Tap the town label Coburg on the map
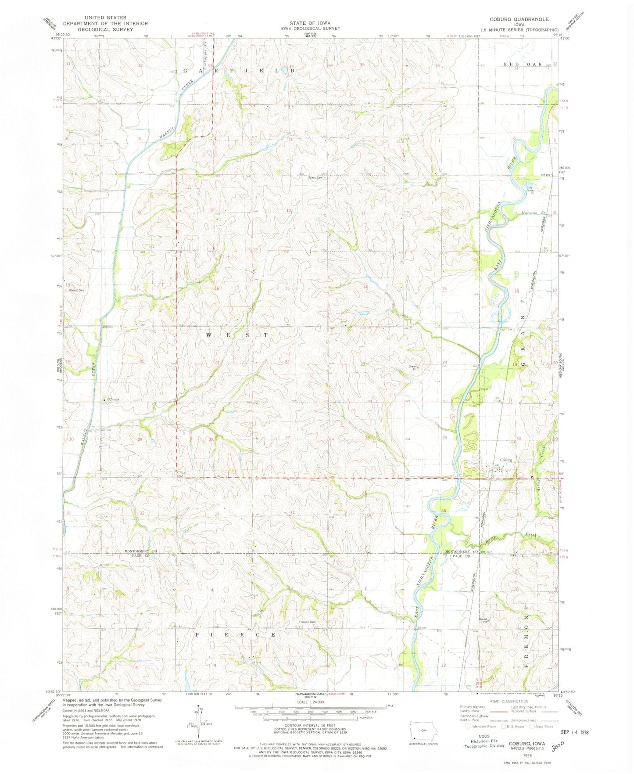(x=506, y=460)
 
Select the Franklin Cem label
(x=307, y=622)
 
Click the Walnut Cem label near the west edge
(x=75, y=290)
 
